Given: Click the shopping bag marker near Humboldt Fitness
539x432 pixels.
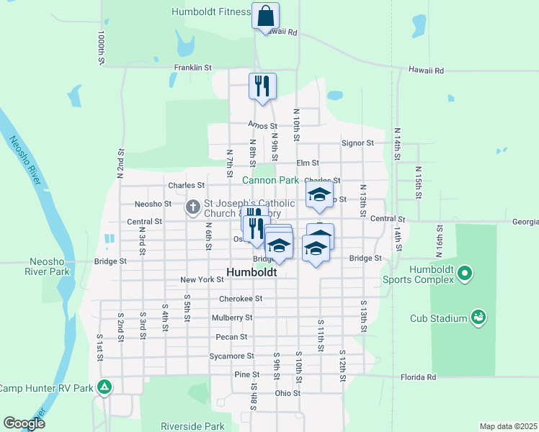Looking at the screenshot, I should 265,15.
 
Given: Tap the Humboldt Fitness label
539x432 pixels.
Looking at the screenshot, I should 210,12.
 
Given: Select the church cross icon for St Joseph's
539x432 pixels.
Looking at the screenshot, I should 192,207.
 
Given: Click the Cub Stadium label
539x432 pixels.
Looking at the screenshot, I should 438,318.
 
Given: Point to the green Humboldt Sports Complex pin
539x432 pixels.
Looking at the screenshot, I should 465,273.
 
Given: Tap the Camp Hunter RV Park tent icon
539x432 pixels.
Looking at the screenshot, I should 104,388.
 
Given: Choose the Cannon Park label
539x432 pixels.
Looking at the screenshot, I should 270,180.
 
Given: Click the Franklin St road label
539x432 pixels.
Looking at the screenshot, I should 192,68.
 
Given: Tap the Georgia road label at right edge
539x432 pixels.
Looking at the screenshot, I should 526,222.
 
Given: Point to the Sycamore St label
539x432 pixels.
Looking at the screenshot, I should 231,356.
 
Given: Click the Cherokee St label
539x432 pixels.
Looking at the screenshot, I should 241,298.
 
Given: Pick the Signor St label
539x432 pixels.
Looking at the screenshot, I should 357,143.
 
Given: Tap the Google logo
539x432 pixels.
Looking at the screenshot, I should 24,424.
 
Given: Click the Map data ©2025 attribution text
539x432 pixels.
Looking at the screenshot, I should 508,426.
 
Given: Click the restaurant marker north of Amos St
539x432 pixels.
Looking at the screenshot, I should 262,86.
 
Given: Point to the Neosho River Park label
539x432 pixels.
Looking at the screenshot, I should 50,266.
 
